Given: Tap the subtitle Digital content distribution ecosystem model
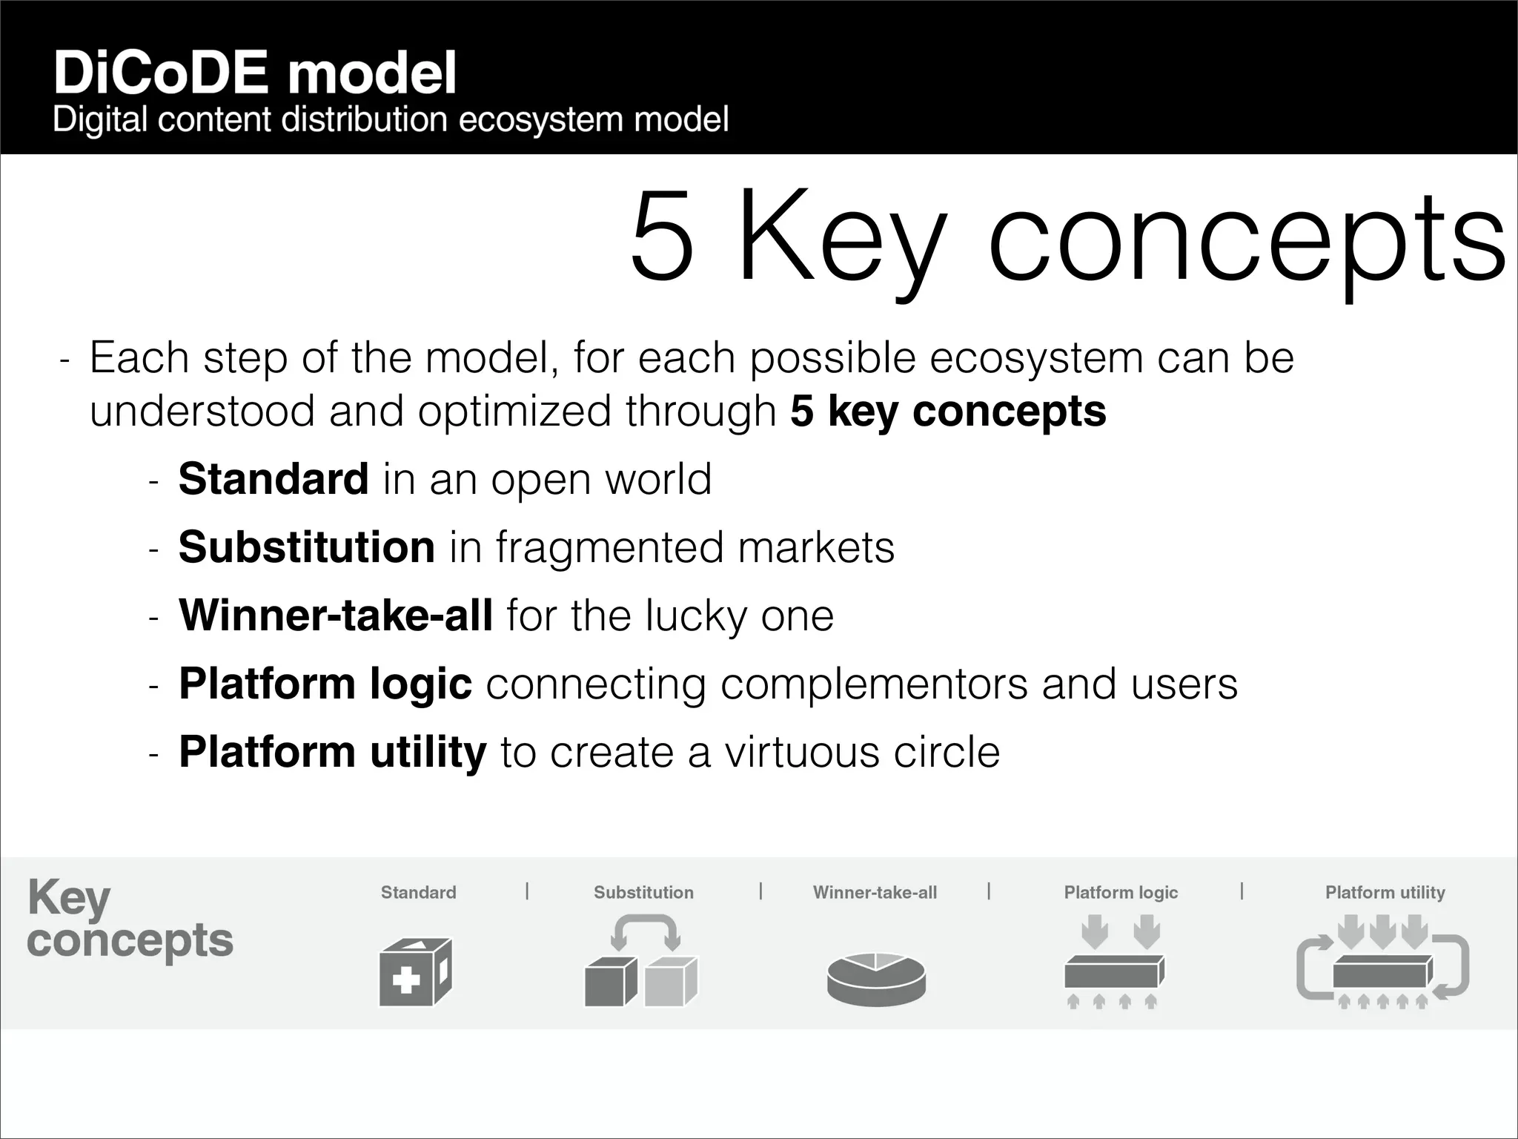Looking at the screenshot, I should (x=391, y=120).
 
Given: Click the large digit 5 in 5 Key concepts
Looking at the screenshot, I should (x=662, y=236).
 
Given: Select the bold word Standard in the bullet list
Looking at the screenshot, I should (x=274, y=479).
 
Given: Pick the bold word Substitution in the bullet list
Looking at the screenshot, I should (x=306, y=547).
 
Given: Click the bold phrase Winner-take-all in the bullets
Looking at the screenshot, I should (x=336, y=615).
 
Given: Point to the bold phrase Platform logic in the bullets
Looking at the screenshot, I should (x=325, y=684).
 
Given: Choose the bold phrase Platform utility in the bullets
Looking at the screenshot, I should (x=333, y=752).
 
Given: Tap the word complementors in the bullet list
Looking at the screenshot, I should (x=874, y=684).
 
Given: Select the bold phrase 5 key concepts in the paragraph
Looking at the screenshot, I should (x=948, y=411).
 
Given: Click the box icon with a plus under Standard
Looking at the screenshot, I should (x=415, y=973).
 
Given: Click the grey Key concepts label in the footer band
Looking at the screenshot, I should (x=130, y=920).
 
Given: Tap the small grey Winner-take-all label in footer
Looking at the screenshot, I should (x=875, y=892).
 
